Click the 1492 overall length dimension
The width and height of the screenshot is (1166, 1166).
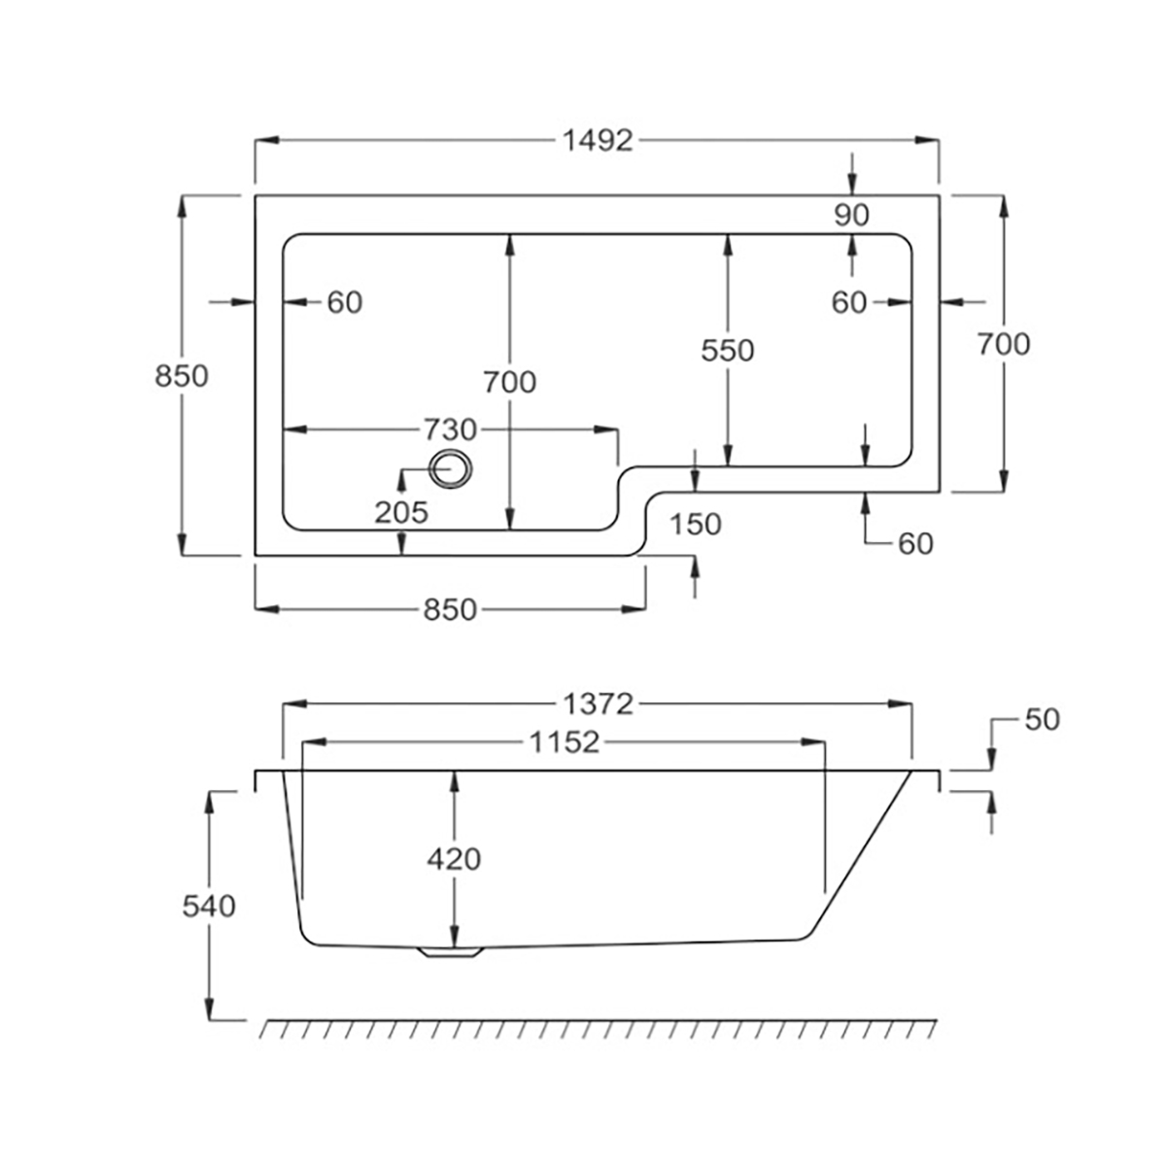click(598, 141)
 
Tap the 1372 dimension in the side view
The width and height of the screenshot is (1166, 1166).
click(598, 703)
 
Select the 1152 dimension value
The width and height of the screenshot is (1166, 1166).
click(564, 743)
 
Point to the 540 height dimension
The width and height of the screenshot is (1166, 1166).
click(209, 906)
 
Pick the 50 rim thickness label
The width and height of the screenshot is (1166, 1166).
click(1041, 720)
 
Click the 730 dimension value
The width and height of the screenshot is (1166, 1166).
click(449, 429)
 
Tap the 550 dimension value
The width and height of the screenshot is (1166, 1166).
click(728, 350)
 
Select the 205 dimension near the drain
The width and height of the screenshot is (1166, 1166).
click(401, 512)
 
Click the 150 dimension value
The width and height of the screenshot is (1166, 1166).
click(696, 524)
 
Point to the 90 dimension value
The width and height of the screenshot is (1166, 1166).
click(851, 215)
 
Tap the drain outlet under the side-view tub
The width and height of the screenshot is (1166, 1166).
click(450, 953)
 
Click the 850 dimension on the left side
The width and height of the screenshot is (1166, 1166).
click(182, 375)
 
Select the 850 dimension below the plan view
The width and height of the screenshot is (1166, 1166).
click(450, 609)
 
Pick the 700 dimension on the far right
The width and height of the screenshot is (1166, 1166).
click(1004, 343)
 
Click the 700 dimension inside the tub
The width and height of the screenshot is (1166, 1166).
click(509, 382)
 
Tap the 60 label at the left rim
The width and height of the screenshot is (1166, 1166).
click(344, 303)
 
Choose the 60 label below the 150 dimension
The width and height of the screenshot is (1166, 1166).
click(915, 544)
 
